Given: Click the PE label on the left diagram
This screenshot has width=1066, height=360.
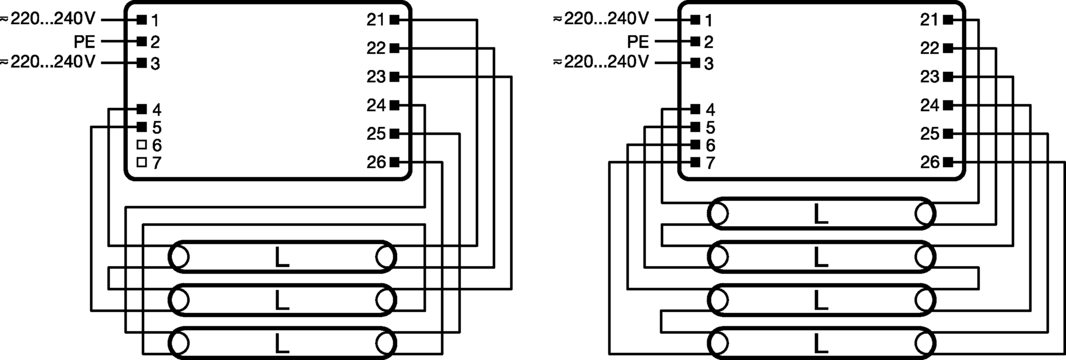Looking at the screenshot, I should pyautogui.click(x=84, y=42).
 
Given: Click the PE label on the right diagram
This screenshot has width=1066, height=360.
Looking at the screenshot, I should pyautogui.click(x=638, y=42).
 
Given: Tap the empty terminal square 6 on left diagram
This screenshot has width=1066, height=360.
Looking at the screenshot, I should pyautogui.click(x=141, y=145).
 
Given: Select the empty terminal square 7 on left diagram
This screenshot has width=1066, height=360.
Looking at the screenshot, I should pyautogui.click(x=141, y=162).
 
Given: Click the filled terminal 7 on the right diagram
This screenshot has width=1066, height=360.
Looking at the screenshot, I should pyautogui.click(x=695, y=162).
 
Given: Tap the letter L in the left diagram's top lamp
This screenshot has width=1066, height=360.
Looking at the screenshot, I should pyautogui.click(x=282, y=257).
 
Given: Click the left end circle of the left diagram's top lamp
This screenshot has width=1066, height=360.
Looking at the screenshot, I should pyautogui.click(x=179, y=257).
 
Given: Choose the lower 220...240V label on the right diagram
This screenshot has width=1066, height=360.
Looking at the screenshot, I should pyautogui.click(x=605, y=62).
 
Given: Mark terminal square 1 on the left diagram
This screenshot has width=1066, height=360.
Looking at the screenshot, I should pyautogui.click(x=141, y=20).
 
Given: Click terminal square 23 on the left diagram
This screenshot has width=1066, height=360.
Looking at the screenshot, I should pyautogui.click(x=394, y=77).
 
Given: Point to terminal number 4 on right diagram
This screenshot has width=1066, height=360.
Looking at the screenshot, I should pyautogui.click(x=710, y=110).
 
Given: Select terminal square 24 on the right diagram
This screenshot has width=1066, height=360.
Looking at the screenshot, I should pyautogui.click(x=948, y=105).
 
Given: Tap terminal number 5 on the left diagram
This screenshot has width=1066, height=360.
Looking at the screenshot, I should pyautogui.click(x=157, y=128).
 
